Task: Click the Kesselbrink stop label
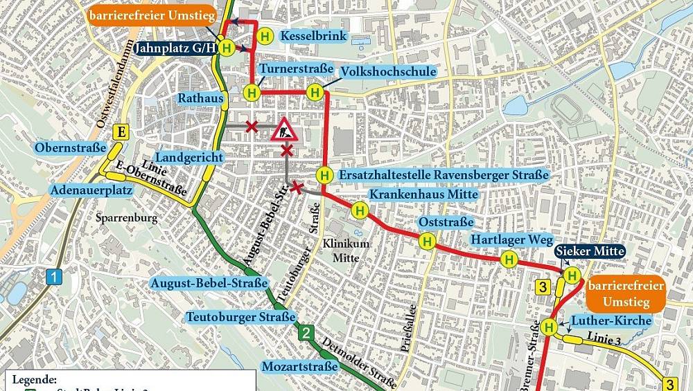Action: (x=313, y=35)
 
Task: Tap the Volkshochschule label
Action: (x=388, y=71)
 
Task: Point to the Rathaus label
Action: (x=201, y=98)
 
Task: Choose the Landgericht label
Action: (x=189, y=158)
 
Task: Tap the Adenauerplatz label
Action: (x=82, y=190)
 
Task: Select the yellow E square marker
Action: (x=123, y=133)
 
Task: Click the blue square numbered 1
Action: (x=54, y=278)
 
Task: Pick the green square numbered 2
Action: (x=305, y=334)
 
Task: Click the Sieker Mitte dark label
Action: (x=590, y=251)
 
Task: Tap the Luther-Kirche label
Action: (x=611, y=320)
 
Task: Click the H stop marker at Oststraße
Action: (x=427, y=241)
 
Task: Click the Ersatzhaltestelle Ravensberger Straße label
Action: (x=444, y=176)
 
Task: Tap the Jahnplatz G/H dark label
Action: (x=174, y=48)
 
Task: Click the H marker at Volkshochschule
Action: (x=315, y=92)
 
